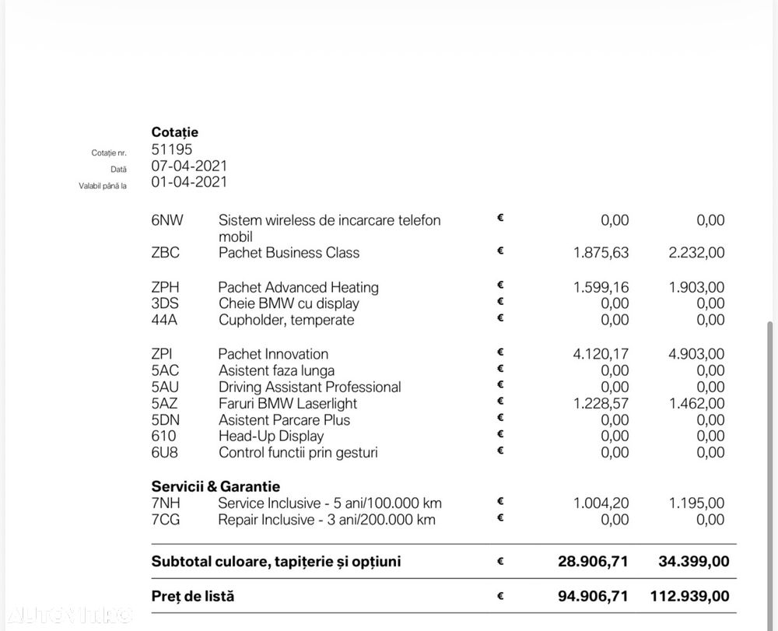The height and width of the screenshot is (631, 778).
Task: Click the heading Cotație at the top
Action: [x=174, y=132]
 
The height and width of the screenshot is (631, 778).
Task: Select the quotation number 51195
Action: [x=172, y=149]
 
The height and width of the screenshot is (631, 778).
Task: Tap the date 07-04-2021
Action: [x=189, y=166]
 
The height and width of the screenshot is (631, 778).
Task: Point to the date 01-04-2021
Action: [x=189, y=182]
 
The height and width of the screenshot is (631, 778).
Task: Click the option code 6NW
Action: [x=167, y=220]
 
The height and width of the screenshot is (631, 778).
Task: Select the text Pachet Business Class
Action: [x=289, y=253]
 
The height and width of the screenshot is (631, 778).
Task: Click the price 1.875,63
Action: [x=601, y=253]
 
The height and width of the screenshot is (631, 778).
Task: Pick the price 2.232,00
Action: [x=696, y=253]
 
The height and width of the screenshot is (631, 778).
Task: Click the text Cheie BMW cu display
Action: [x=289, y=303]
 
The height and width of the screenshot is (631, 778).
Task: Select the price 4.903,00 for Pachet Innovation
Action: [x=696, y=354]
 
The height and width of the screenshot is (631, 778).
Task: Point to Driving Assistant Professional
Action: [x=310, y=387]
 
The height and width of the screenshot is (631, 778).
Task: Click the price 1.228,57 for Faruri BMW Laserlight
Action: [x=601, y=403]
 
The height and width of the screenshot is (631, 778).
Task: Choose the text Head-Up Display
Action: [x=271, y=436]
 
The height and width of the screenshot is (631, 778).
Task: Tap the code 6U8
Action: [x=166, y=452]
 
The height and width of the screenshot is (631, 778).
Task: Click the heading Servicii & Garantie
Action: [x=216, y=487]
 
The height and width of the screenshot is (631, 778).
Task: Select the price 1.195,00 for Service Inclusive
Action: [x=696, y=503]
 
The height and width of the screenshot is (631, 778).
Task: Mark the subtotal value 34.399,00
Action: [x=690, y=561]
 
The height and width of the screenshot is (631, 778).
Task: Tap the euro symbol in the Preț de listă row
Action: [x=500, y=597]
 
